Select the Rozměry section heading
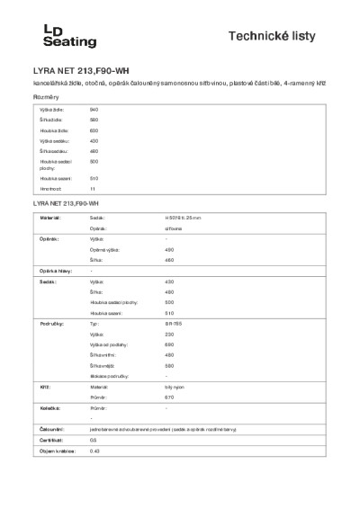tap(46, 96)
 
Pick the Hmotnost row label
tap(49, 190)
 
